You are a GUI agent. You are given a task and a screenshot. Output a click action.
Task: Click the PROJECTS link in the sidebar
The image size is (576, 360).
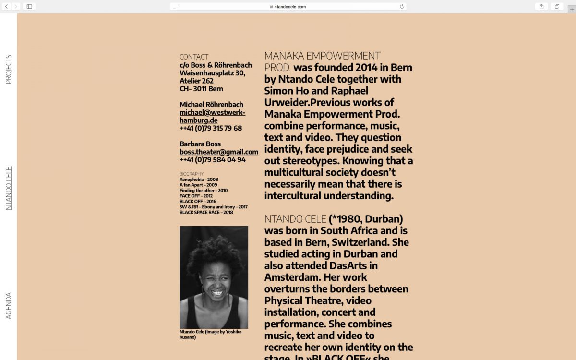tap(8, 70)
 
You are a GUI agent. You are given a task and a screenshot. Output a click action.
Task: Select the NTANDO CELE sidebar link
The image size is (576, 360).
tap(8, 188)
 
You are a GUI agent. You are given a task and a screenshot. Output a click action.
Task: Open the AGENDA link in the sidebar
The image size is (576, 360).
tap(8, 306)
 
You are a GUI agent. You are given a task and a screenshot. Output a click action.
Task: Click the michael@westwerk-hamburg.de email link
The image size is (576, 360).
tap(212, 116)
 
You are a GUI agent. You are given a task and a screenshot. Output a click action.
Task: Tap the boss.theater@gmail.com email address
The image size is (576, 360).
tap(219, 152)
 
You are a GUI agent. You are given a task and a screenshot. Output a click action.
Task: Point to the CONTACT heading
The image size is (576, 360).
tap(194, 57)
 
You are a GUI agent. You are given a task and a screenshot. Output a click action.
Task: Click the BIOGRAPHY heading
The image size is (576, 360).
tap(192, 174)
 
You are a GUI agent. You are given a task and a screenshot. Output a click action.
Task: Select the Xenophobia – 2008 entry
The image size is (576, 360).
tap(199, 180)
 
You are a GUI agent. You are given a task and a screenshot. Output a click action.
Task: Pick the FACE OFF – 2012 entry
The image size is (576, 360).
tap(196, 196)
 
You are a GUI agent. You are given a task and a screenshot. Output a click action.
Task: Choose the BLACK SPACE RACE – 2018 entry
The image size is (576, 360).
tap(206, 212)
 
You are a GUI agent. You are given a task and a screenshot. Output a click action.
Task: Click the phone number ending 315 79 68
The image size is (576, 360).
tap(211, 128)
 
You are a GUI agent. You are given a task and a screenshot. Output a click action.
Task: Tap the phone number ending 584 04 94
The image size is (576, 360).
tap(213, 160)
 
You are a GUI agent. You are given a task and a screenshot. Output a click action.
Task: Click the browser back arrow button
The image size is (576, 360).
tap(7, 6)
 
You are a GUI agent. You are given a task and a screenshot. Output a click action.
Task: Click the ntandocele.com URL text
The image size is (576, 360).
tap(289, 7)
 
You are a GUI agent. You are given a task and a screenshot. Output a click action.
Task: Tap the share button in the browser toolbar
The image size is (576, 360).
tap(541, 6)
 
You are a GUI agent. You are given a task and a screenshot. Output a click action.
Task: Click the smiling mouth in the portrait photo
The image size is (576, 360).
tap(217, 292)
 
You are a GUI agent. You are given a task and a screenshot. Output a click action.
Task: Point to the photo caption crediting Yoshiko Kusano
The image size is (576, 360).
tap(211, 334)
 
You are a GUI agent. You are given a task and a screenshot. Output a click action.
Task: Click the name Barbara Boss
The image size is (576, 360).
tap(200, 144)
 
